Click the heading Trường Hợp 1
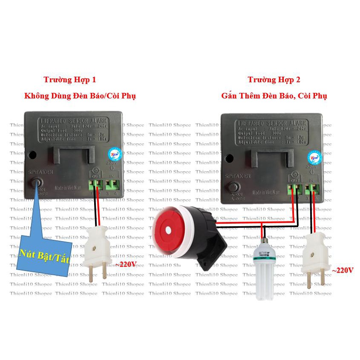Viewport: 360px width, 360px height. pos(69,80)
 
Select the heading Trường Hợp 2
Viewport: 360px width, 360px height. pos(274,80)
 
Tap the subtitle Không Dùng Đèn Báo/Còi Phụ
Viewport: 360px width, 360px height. pos(80,96)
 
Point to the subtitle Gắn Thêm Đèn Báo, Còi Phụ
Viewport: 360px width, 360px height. pos(274,96)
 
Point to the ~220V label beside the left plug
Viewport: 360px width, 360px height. pos(125,264)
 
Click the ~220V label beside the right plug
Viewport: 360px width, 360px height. pos(343,270)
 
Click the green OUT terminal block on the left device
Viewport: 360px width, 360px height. pos(95,184)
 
